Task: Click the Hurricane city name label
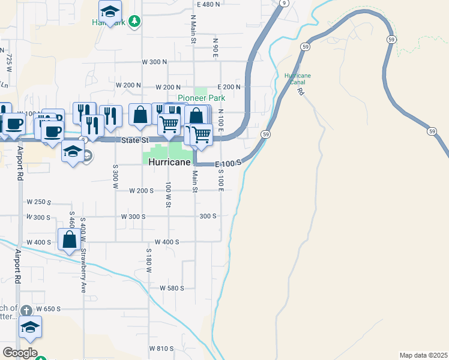[x=169, y=163]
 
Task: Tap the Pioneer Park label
[x=200, y=98]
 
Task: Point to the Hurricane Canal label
[x=298, y=79]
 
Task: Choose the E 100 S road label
[x=229, y=163]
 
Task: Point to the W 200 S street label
[x=142, y=190]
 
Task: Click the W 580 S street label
[x=171, y=288]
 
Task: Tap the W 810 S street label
[x=161, y=349]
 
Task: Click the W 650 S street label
[x=49, y=309]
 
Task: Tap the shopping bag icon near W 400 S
[x=70, y=239]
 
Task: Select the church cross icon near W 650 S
[x=25, y=311]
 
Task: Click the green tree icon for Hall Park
[x=136, y=22]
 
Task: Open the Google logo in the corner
[x=20, y=352]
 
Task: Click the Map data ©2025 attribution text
[x=423, y=355]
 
